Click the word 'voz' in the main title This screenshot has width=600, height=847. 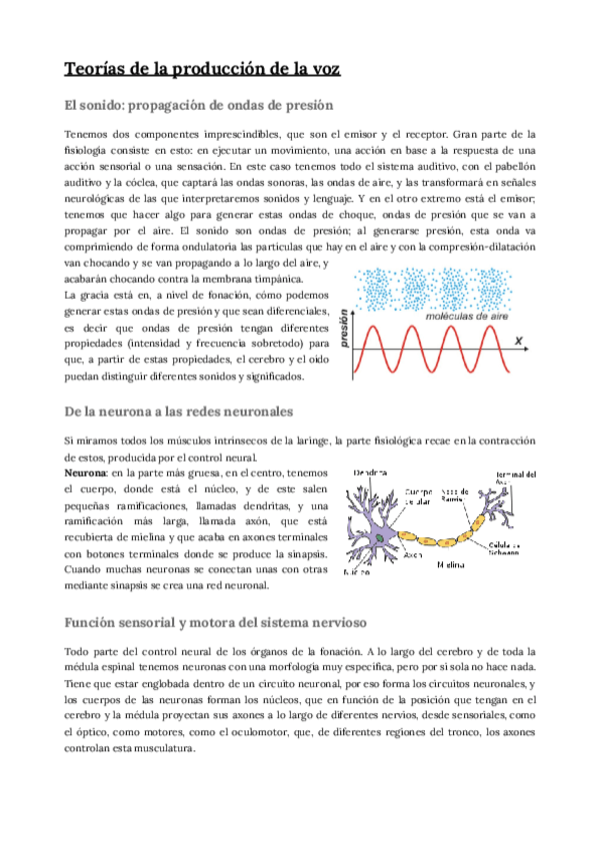tap(320, 68)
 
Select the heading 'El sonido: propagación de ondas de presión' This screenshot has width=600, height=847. tap(198, 105)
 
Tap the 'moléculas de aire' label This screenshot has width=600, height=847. tap(464, 315)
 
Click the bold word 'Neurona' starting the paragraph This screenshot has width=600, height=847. tap(84, 470)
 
